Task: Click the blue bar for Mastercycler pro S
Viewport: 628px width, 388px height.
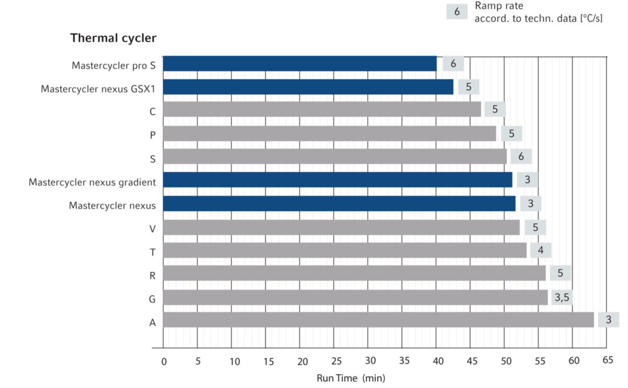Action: pos(299,64)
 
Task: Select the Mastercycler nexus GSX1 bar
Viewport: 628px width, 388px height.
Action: pos(308,87)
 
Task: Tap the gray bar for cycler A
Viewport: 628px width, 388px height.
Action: pos(378,320)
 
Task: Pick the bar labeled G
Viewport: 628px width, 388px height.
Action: pos(355,297)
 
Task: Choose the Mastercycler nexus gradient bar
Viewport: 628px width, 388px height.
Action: pos(338,180)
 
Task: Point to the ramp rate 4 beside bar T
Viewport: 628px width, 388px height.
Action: pos(541,250)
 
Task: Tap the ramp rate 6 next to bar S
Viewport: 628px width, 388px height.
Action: pos(521,157)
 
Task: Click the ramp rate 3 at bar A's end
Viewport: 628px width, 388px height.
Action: pos(608,319)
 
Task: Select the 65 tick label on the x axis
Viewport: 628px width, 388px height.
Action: pos(607,360)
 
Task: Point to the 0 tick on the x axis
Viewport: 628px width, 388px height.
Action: pos(163,361)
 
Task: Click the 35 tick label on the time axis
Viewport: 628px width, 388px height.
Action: pos(404,361)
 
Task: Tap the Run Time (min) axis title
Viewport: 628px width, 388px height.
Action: pos(350,378)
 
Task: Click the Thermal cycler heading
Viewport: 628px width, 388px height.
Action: pos(114,38)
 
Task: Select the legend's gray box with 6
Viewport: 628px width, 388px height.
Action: pos(457,12)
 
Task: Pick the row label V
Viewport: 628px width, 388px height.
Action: pos(152,228)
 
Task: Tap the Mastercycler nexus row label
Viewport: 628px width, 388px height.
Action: pos(112,205)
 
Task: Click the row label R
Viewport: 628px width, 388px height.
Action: pos(152,275)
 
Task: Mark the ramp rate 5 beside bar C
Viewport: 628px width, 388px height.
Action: pos(495,110)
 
